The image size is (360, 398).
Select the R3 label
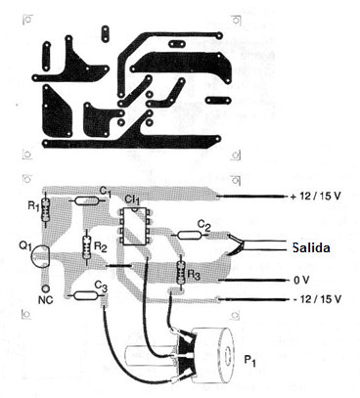(196, 277)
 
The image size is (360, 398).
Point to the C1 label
(106, 191)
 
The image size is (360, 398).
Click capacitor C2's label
(203, 224)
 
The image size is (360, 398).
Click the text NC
(44, 291)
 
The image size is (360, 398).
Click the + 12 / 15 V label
(314, 197)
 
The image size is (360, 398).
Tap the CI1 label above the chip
(131, 200)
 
